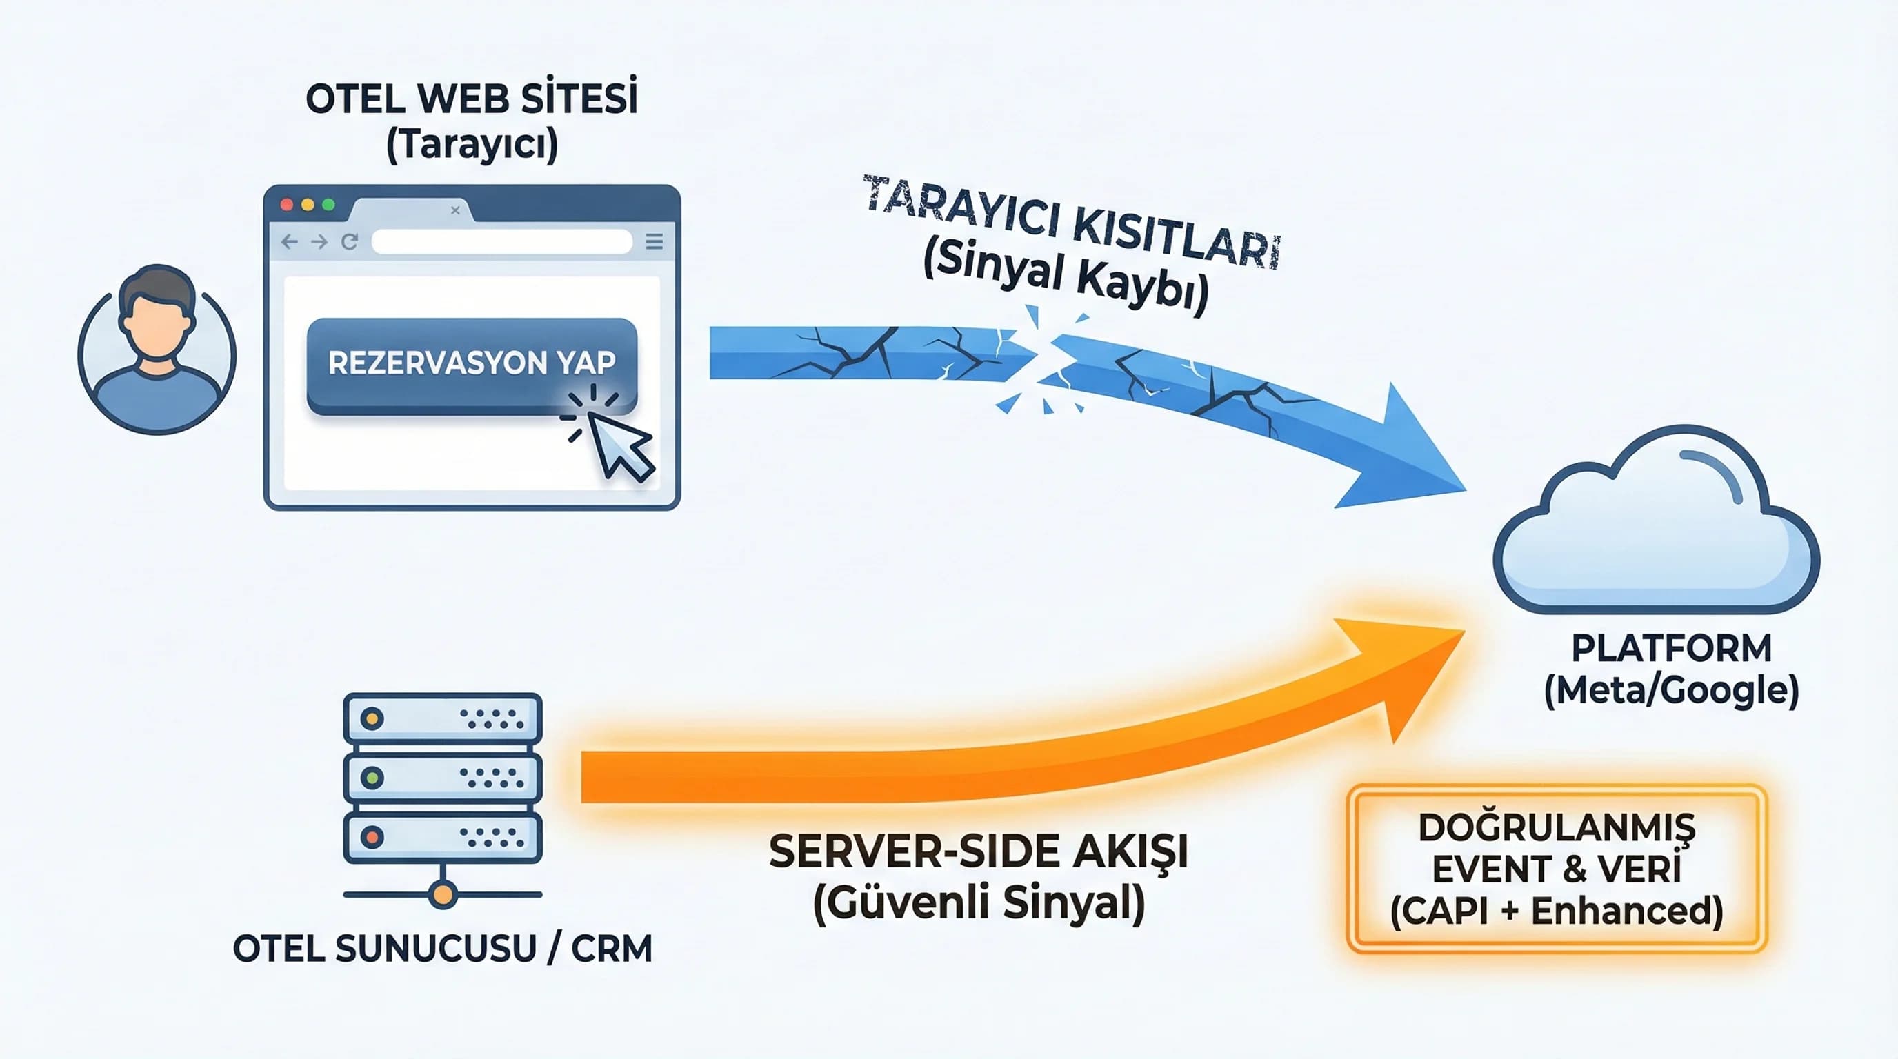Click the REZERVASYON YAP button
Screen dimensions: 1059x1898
point(472,364)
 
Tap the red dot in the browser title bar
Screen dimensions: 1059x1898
point(288,205)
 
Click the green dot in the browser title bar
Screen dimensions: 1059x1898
point(328,205)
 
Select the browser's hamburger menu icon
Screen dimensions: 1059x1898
point(654,241)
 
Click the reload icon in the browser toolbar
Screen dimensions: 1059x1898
point(349,241)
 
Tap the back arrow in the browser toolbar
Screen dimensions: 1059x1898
point(290,241)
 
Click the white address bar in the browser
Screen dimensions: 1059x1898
point(501,241)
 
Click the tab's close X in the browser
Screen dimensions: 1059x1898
point(455,210)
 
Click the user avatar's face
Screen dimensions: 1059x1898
point(156,324)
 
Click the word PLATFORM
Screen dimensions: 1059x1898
point(1671,649)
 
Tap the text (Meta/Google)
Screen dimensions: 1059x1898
point(1671,691)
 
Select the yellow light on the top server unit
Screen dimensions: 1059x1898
point(372,718)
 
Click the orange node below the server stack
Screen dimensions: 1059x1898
point(442,895)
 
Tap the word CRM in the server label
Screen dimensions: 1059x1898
point(612,949)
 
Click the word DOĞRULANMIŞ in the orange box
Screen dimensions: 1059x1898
point(1556,829)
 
